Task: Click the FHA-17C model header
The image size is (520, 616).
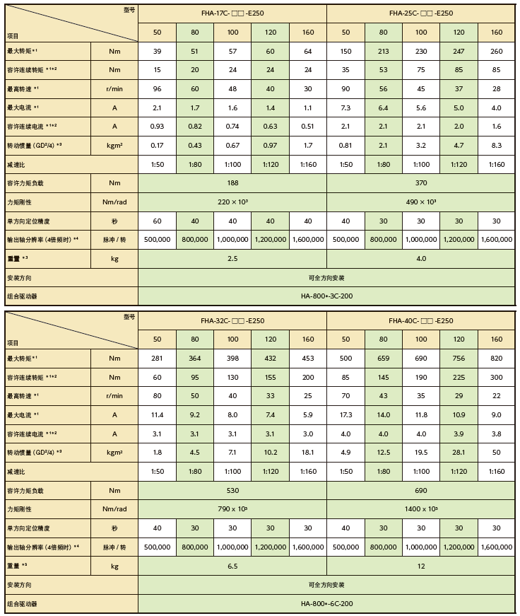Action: (232, 13)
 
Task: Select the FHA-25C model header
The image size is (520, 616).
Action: (421, 13)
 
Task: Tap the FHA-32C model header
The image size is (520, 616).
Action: (232, 320)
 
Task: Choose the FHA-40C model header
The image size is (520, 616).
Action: (421, 320)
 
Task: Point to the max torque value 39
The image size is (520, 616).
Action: (157, 51)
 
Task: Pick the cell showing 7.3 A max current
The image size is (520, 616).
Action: (345, 108)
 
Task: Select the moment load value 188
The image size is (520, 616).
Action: (232, 182)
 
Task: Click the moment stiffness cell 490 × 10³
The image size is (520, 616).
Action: (421, 202)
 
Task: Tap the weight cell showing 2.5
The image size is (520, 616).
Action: (232, 259)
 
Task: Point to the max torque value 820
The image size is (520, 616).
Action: (497, 359)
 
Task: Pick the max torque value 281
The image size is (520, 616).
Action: (157, 359)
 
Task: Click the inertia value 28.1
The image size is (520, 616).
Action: (459, 452)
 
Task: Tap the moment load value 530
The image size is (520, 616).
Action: (232, 489)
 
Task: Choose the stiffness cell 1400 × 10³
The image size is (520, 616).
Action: (421, 509)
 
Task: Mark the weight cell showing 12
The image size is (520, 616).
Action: (421, 566)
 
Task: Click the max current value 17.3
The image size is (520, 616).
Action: (345, 415)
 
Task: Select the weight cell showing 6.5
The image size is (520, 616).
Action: (232, 566)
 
